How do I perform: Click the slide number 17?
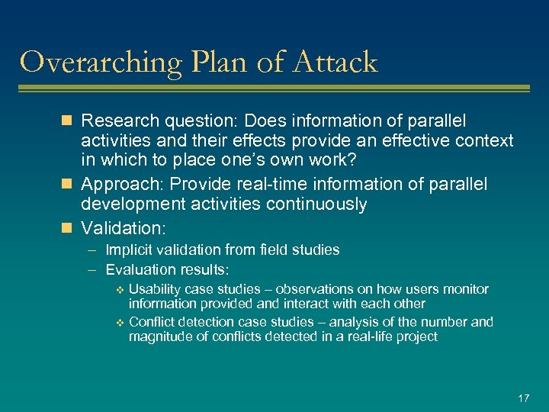(523, 398)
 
